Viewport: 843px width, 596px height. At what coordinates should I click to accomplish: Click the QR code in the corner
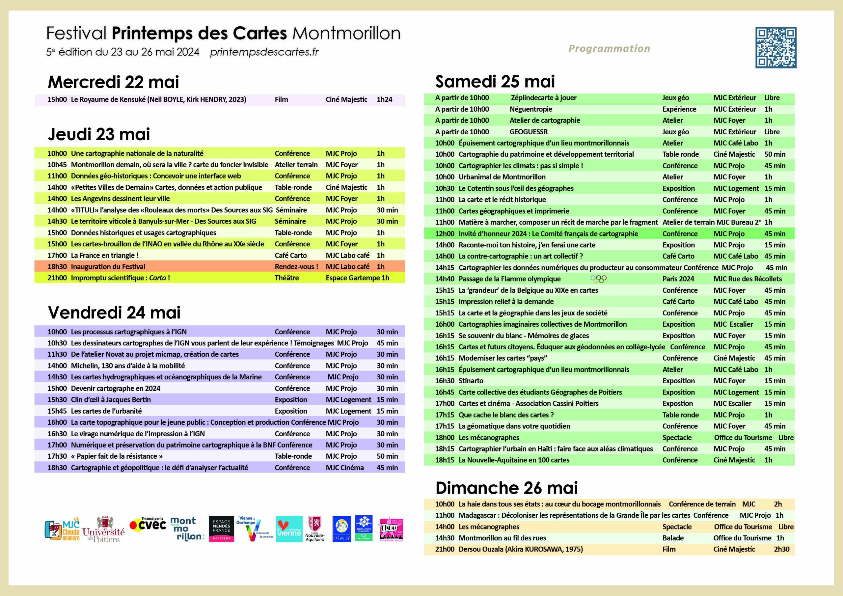click(x=775, y=47)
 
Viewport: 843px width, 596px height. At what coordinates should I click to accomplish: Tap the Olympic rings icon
click(x=598, y=279)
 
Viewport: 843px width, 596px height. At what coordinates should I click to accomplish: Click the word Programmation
click(x=609, y=48)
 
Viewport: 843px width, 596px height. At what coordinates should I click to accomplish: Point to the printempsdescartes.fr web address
click(x=264, y=52)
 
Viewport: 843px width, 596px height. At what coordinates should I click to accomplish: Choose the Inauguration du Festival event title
click(x=108, y=267)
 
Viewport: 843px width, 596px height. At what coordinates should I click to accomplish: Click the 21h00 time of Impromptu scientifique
click(x=57, y=278)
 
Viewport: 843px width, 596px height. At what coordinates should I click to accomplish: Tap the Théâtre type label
click(x=286, y=278)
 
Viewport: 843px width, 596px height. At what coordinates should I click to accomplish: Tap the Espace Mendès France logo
click(x=221, y=529)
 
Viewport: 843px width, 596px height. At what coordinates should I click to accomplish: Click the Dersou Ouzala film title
click(x=520, y=549)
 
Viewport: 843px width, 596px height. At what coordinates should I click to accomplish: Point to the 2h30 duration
click(x=781, y=549)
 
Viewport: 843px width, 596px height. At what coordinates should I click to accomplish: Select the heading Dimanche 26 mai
click(x=506, y=488)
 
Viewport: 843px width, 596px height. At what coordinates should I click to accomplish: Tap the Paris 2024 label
click(x=678, y=279)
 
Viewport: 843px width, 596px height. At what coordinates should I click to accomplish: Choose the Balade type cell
click(x=673, y=538)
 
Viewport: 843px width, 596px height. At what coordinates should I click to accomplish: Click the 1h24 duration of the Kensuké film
click(x=384, y=99)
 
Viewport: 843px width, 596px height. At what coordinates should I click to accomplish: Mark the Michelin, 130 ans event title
click(x=127, y=366)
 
